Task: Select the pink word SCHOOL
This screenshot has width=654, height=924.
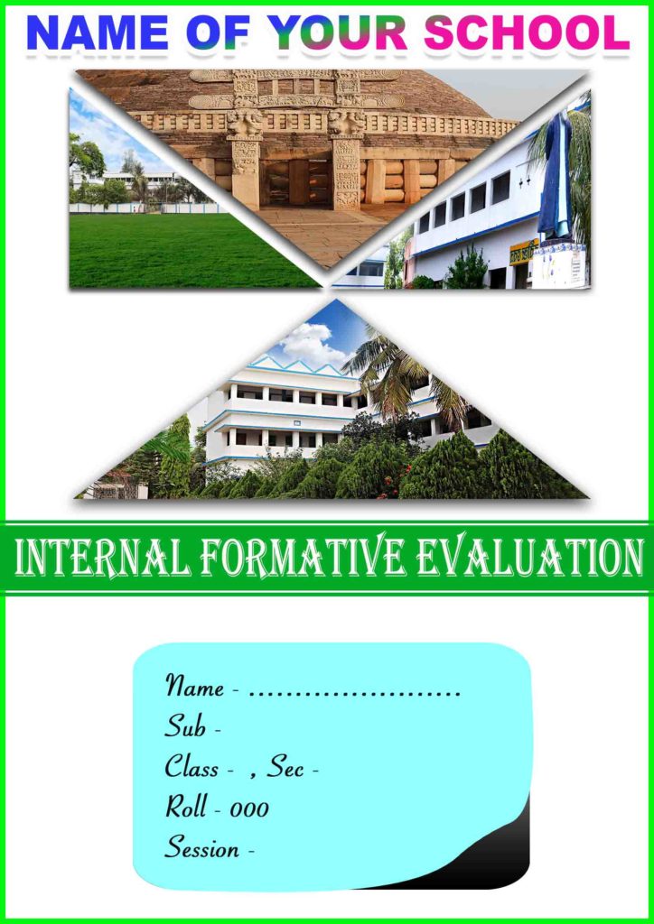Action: coord(528,32)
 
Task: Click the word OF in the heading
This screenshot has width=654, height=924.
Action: coord(217,32)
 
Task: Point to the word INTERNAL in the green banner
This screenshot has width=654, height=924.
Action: coord(101,557)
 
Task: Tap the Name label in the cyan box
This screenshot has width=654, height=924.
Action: coord(194,687)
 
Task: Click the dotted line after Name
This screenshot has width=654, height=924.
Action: coord(354,693)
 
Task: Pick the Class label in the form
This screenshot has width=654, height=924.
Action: coord(192,767)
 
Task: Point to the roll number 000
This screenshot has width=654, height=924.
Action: coord(249,808)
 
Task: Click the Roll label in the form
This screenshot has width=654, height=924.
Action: coord(187,807)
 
